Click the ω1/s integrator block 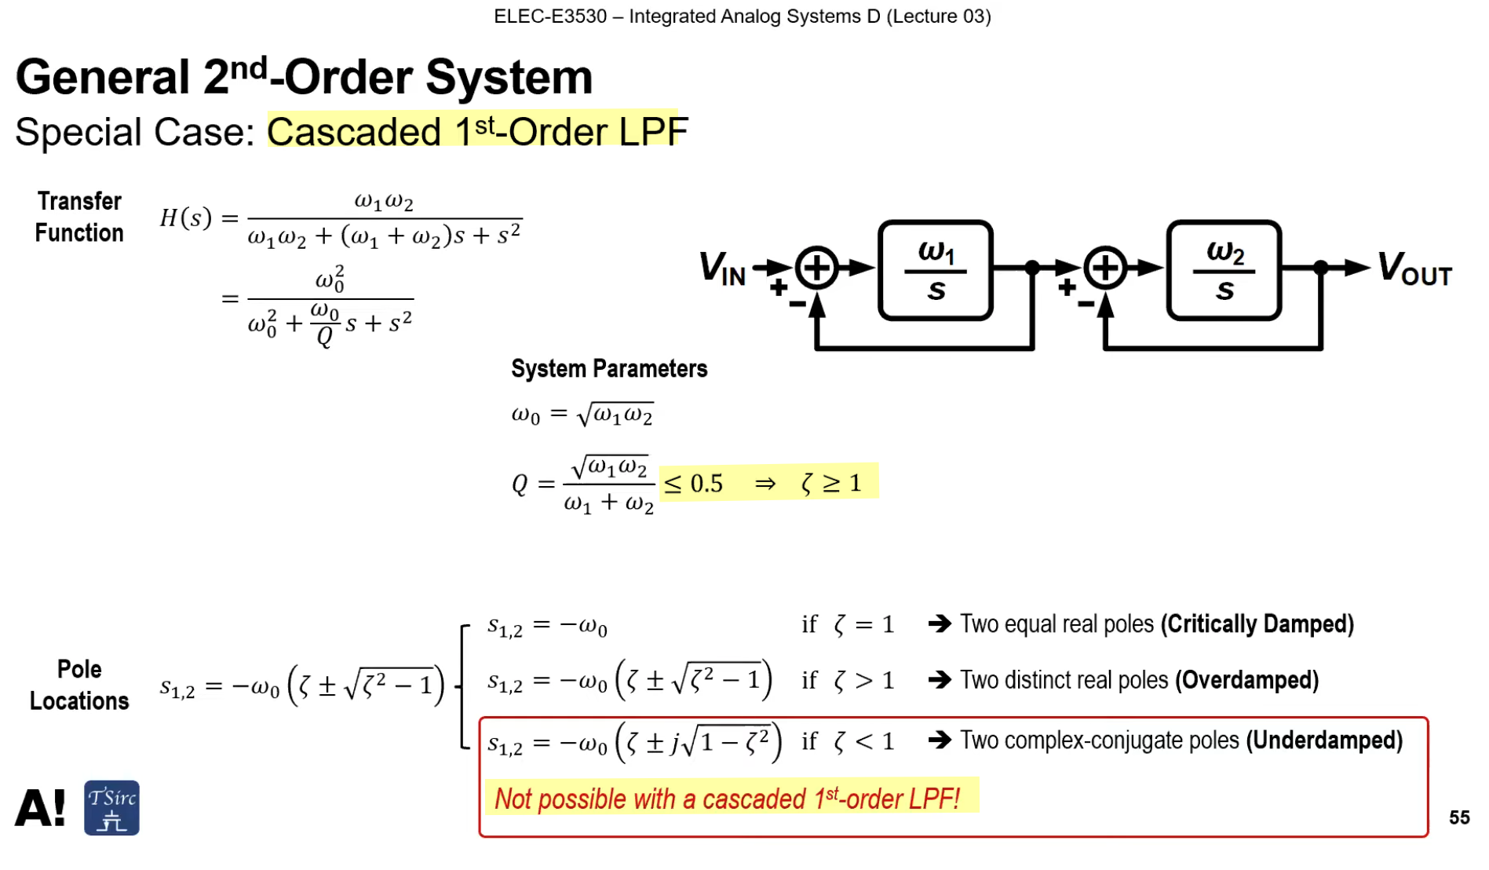click(936, 270)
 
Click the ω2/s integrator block click(1224, 270)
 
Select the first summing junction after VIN click(817, 269)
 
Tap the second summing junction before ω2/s click(1105, 269)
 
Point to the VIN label click(722, 269)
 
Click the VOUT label click(1415, 269)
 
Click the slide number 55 click(1459, 817)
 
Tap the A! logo click(41, 808)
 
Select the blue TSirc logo click(111, 808)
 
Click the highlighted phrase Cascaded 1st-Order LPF click(477, 131)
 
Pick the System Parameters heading click(609, 368)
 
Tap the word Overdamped click(1246, 680)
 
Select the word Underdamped click(1324, 740)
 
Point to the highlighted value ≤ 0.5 click(694, 484)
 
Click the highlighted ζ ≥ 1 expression click(831, 483)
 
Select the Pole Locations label click(79, 685)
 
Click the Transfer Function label click(79, 217)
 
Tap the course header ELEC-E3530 click(550, 16)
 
